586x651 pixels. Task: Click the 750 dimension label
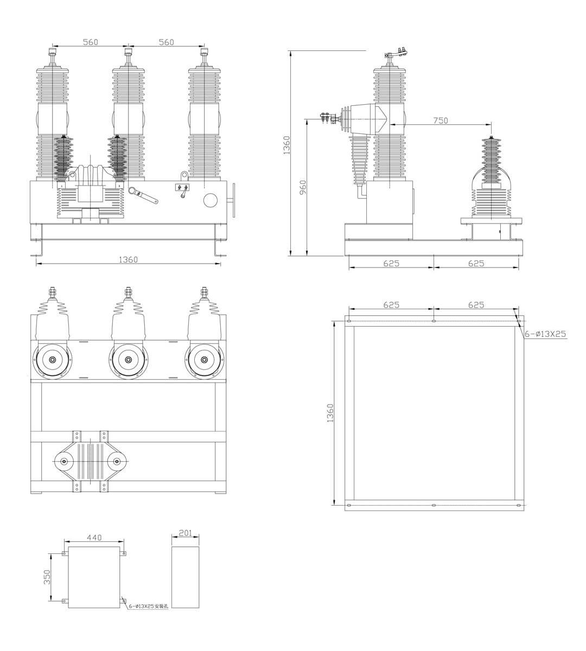[441, 120]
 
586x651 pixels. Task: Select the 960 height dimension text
[303, 187]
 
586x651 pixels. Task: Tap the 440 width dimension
[94, 538]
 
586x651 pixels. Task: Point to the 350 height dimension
[47, 577]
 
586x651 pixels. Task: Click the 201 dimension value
[186, 533]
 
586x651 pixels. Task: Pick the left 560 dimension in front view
[90, 42]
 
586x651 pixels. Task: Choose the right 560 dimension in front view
[166, 42]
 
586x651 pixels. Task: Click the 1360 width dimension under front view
[128, 259]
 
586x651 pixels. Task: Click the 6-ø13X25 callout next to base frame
[545, 334]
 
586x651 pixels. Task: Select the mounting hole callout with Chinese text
[148, 606]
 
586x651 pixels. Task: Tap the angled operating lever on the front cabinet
[143, 195]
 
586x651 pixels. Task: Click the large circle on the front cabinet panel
[211, 200]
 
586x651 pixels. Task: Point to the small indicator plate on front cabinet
[182, 188]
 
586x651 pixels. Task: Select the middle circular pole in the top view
[128, 360]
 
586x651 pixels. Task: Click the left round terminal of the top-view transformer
[65, 462]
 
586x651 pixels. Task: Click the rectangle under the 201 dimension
[186, 577]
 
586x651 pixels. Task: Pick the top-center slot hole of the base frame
[434, 321]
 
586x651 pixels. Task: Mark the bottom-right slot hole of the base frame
[519, 506]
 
